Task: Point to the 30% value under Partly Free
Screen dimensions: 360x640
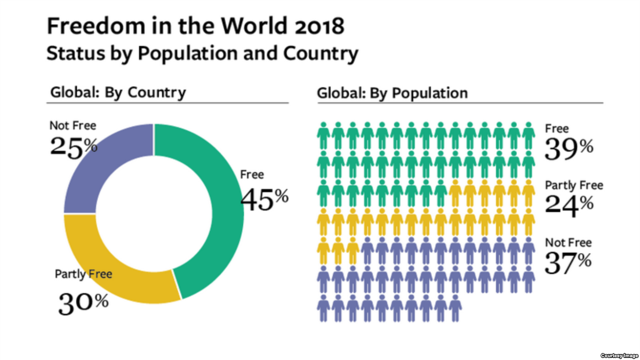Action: (83, 303)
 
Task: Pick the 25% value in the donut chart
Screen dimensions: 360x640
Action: (74, 146)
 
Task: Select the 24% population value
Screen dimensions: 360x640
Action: (569, 206)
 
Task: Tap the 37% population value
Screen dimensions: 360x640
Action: (568, 262)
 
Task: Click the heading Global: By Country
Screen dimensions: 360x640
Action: (118, 92)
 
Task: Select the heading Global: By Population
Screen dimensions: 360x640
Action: (392, 93)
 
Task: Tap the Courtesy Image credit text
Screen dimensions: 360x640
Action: (618, 355)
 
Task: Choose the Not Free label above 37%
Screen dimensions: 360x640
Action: (568, 243)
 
